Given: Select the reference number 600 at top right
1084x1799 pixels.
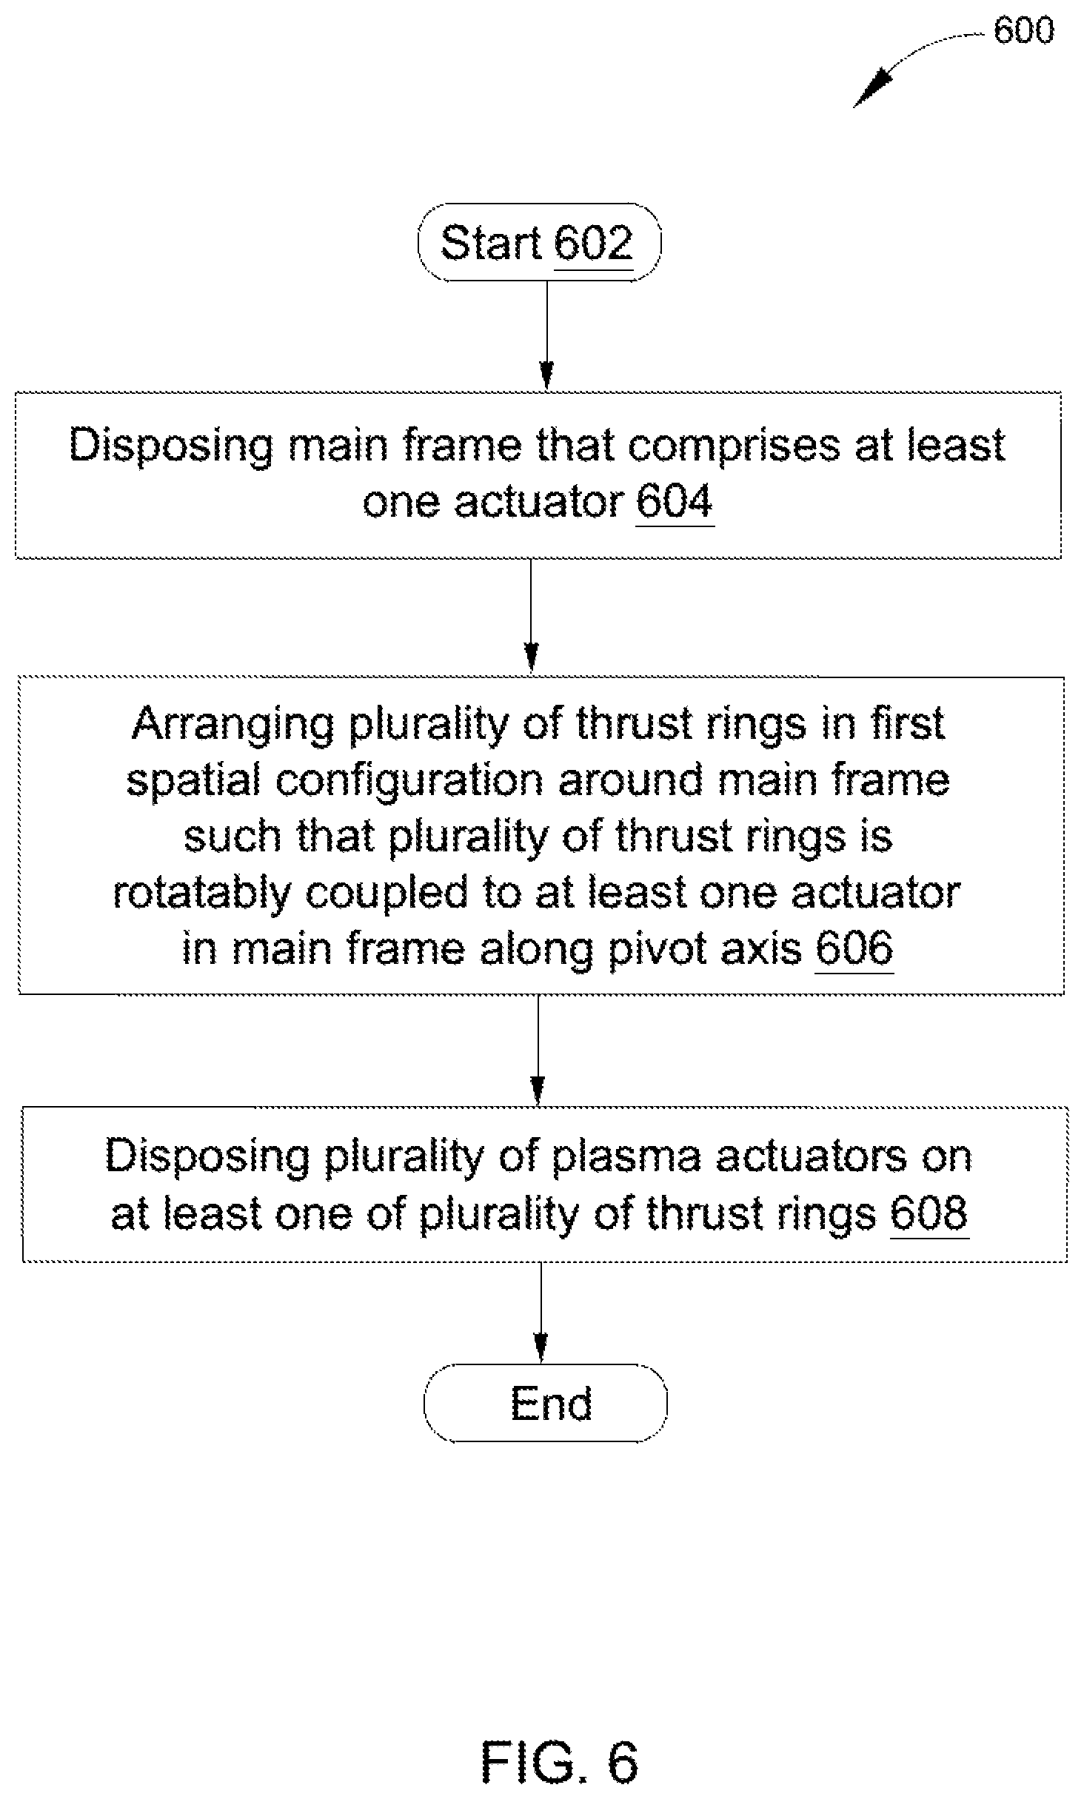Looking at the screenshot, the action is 1023,30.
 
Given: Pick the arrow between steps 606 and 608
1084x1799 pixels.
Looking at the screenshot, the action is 538,1051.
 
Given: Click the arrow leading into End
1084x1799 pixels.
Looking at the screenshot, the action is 541,1313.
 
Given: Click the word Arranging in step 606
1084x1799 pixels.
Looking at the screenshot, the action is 233,724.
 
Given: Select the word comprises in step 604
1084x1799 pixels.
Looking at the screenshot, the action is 735,446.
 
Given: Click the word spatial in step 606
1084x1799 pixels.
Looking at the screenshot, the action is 193,781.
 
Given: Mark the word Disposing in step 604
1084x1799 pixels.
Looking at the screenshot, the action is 171,446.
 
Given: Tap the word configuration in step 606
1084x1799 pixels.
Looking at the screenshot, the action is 410,781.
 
